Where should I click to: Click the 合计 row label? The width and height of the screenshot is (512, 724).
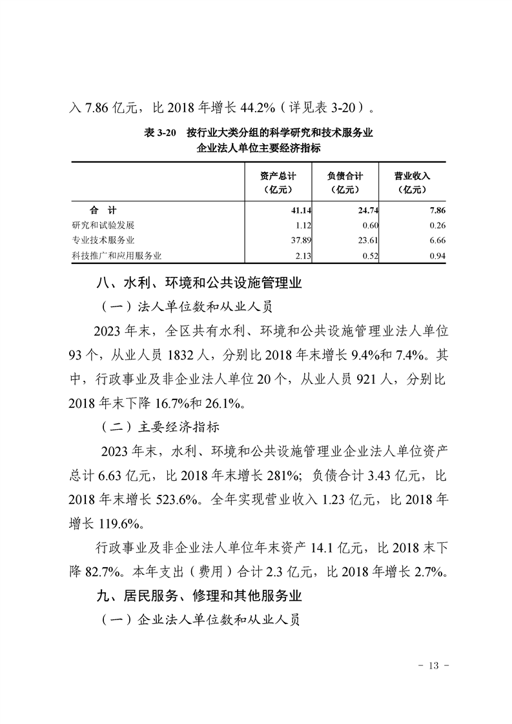(103, 210)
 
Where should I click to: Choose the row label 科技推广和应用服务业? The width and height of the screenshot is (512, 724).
(116, 256)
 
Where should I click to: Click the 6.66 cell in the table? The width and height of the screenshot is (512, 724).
(437, 241)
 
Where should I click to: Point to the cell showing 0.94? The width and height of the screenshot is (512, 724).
(437, 256)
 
